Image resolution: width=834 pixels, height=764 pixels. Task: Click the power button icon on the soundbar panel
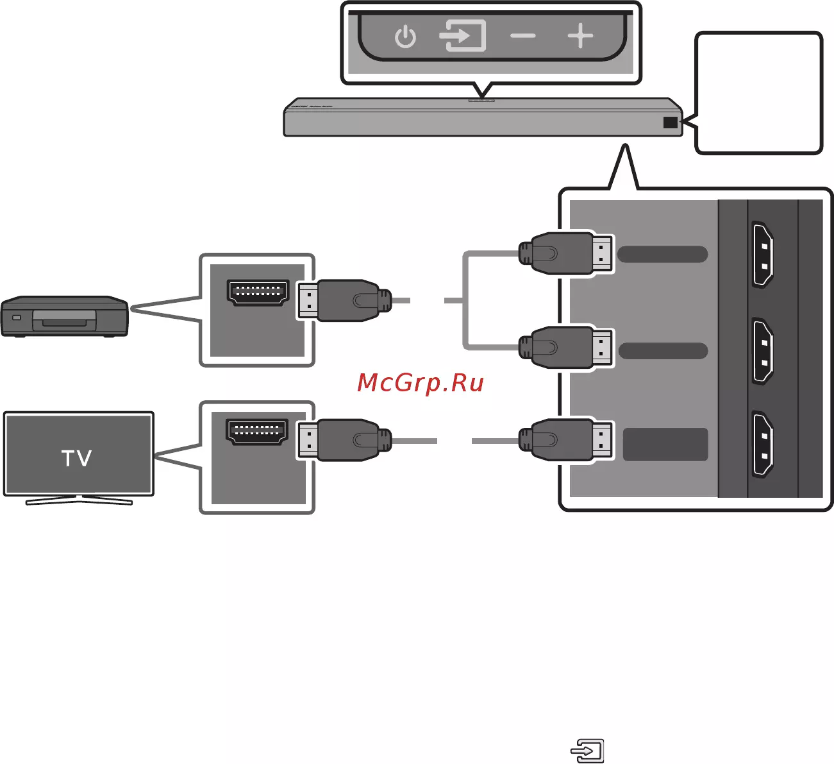click(x=405, y=37)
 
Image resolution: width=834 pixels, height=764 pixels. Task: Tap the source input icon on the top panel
click(x=462, y=36)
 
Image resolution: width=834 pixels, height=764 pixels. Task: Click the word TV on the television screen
click(x=77, y=458)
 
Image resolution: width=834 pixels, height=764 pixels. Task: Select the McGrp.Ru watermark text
click(x=420, y=383)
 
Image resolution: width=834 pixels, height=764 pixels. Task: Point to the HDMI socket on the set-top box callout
click(x=258, y=294)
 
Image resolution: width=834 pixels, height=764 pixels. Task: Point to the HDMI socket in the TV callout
click(x=258, y=432)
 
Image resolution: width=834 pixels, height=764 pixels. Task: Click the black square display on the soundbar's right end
click(x=671, y=122)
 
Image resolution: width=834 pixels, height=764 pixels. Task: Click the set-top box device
click(x=64, y=316)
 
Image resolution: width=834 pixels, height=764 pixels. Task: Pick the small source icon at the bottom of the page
click(x=587, y=750)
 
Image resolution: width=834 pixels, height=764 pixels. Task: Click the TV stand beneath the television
click(x=79, y=500)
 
